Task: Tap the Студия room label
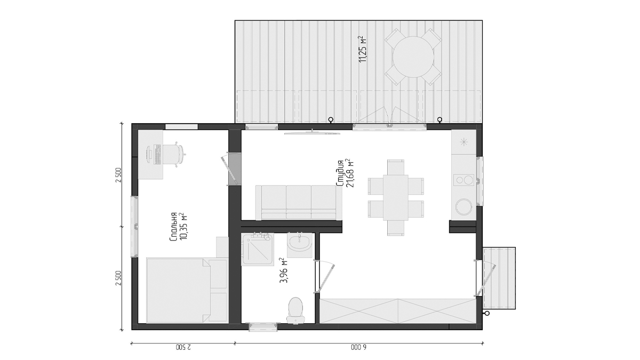(x=340, y=173)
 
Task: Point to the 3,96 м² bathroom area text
(x=284, y=270)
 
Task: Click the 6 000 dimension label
(x=358, y=347)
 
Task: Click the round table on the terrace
(x=413, y=57)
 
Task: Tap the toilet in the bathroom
(x=295, y=310)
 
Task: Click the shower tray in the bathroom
(x=258, y=249)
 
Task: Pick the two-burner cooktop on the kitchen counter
(x=463, y=180)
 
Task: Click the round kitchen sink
(x=463, y=207)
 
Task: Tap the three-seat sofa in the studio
(x=299, y=203)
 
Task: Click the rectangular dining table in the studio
(x=396, y=197)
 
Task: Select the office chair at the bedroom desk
(x=173, y=154)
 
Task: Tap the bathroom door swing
(x=324, y=277)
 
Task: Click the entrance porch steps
(x=499, y=278)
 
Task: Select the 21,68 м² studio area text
(x=350, y=173)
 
